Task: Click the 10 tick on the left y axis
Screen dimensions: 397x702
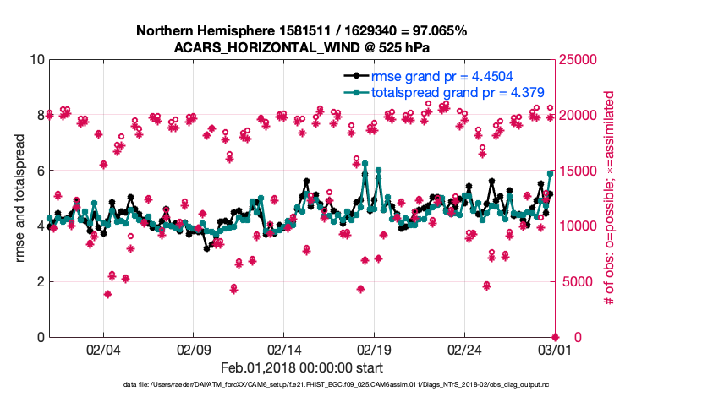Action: click(x=36, y=60)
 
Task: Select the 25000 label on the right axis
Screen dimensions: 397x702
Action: click(x=582, y=60)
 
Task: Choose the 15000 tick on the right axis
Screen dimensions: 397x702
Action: click(x=582, y=171)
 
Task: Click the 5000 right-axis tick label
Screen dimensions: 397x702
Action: click(x=579, y=281)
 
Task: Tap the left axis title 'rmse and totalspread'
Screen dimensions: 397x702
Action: click(x=20, y=198)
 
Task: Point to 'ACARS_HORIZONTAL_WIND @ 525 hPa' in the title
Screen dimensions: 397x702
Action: click(x=301, y=47)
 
